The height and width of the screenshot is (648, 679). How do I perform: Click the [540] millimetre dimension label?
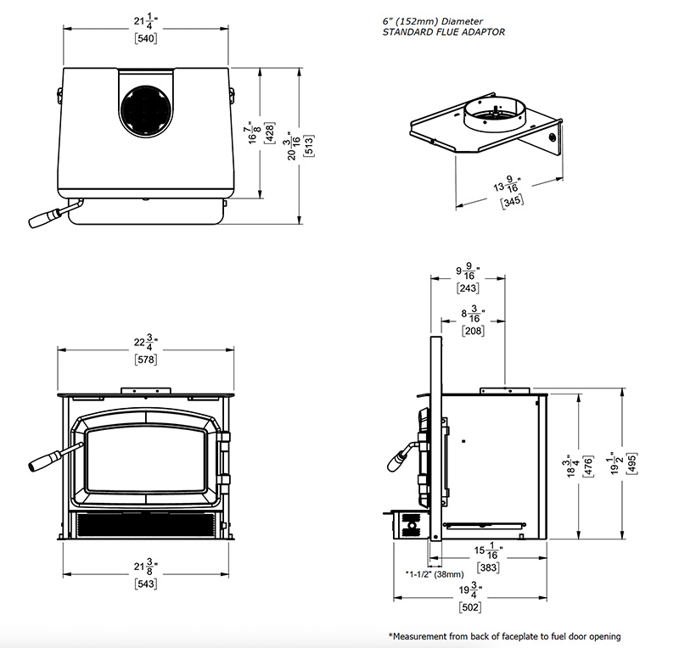point(145,37)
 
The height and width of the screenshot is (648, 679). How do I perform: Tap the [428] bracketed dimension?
point(269,133)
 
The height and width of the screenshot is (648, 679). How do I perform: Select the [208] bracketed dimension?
point(472,330)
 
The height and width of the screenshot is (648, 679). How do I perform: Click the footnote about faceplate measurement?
point(504,636)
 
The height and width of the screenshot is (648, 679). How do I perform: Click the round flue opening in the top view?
point(145,111)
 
